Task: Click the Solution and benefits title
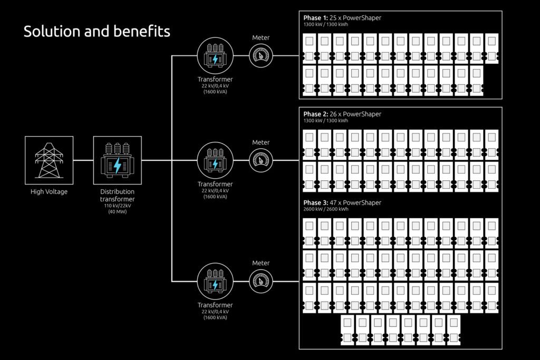[97, 32]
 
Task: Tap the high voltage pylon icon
[49, 160]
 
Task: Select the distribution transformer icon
[117, 160]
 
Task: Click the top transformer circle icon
[215, 55]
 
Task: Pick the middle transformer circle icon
[215, 160]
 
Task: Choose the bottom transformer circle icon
[215, 281]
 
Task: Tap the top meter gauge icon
[261, 55]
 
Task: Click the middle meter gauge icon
[261, 160]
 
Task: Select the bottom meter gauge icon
[261, 281]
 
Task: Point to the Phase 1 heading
[342, 18]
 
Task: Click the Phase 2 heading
[342, 114]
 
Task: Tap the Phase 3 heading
[342, 203]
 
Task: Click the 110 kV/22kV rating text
[117, 206]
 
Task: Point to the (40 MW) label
[117, 211]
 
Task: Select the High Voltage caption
[49, 192]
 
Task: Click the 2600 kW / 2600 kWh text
[325, 209]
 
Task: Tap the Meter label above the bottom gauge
[261, 263]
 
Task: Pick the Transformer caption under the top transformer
[215, 79]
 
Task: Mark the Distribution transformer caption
[117, 195]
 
